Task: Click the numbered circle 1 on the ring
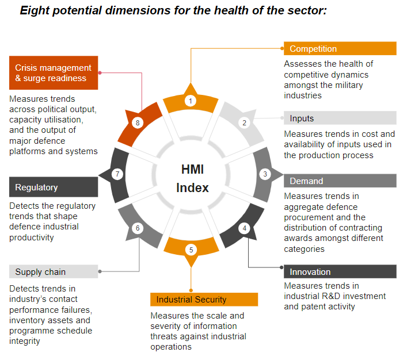tap(191, 101)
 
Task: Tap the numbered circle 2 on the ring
tap(244, 122)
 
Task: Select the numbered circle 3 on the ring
tap(265, 174)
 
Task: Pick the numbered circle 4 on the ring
tap(244, 228)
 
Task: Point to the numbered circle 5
tap(191, 250)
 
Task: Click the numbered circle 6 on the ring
tap(138, 228)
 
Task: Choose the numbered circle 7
tap(117, 174)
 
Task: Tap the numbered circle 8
tap(137, 122)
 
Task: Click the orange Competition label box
tap(340, 49)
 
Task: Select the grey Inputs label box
tap(340, 118)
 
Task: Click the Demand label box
tap(340, 181)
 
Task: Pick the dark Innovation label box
tap(340, 272)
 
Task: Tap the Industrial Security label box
tap(204, 300)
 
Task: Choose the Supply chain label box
tap(54, 272)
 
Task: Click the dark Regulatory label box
tap(54, 187)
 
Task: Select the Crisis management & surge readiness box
tap(54, 73)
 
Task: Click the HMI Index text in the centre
tap(192, 178)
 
